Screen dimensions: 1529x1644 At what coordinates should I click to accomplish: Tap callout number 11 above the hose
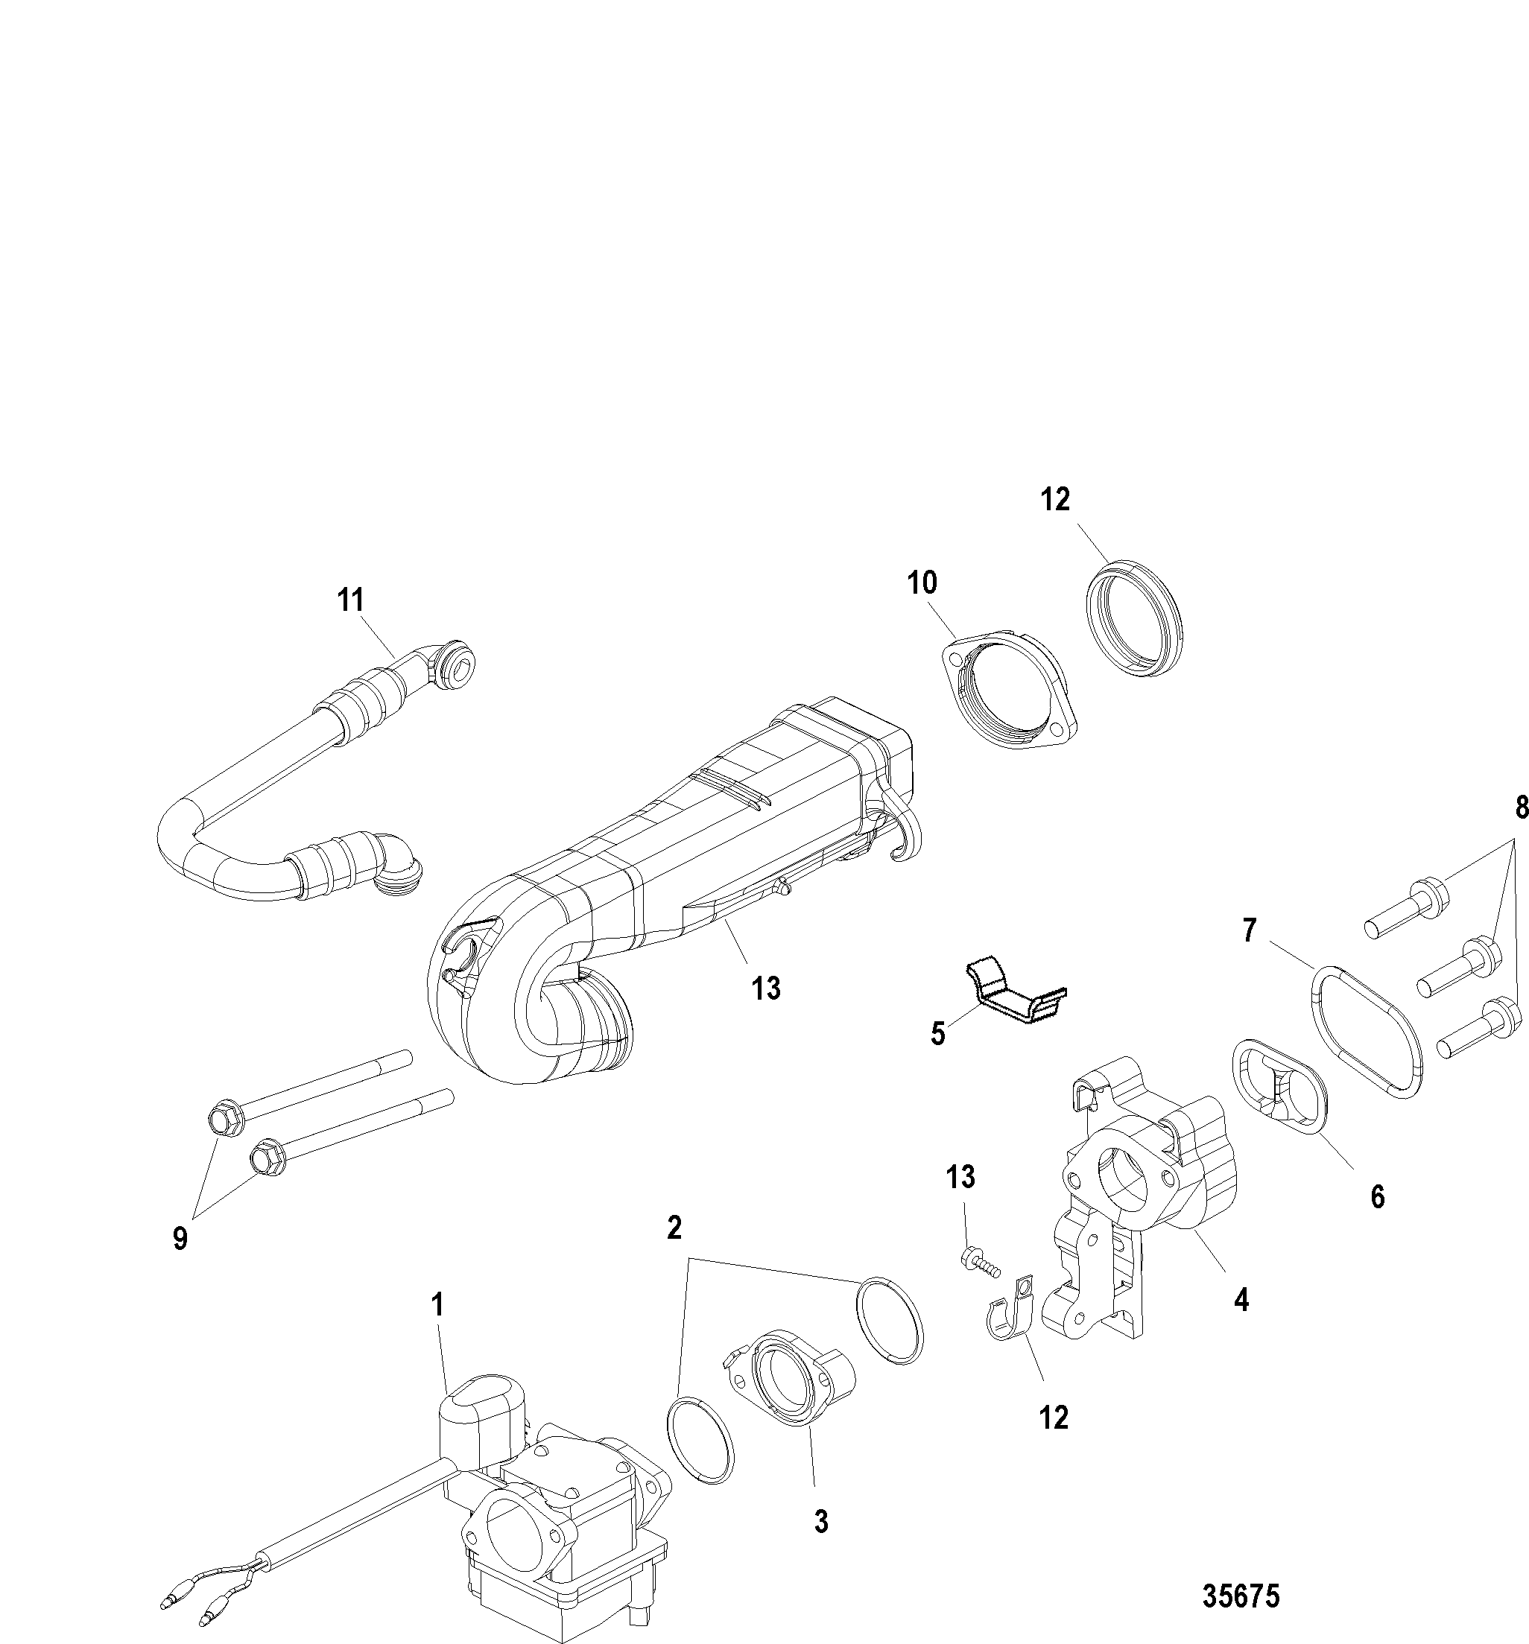point(351,600)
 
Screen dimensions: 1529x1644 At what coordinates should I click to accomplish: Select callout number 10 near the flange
point(922,583)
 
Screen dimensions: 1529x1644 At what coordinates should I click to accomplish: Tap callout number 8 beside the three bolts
point(1520,807)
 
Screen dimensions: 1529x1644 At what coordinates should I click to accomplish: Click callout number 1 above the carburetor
point(437,1306)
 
